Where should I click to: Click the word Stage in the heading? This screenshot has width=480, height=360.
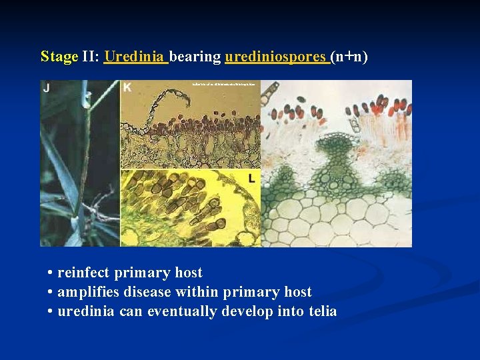click(x=59, y=57)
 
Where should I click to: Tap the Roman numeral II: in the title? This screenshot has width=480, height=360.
click(x=91, y=57)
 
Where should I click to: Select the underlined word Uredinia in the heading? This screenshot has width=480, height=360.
click(x=135, y=57)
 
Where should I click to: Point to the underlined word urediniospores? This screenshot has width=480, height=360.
click(x=277, y=57)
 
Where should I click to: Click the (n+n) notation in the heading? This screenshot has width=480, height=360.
click(x=350, y=57)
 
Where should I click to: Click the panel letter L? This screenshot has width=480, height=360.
click(x=252, y=179)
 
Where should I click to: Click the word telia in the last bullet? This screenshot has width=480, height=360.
click(x=322, y=311)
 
